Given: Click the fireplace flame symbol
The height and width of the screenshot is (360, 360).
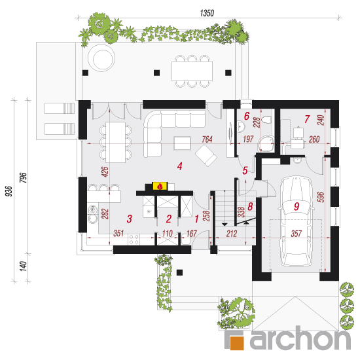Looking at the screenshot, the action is [160, 186].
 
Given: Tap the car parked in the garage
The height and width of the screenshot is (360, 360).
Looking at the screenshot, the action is [296, 221].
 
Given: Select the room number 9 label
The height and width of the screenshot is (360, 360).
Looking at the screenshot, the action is [297, 206].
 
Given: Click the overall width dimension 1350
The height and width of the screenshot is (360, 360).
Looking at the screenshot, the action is [207, 13].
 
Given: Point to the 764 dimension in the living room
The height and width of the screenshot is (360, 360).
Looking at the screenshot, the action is [207, 139].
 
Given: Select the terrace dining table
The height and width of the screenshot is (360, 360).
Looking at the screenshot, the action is [192, 71].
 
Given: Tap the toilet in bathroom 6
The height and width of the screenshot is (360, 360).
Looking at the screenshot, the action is [266, 120].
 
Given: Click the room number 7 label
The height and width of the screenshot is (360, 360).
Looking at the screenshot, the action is [307, 119].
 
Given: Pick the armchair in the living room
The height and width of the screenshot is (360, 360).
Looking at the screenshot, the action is [206, 155].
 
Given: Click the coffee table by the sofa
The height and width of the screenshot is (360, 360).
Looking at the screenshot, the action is [183, 143].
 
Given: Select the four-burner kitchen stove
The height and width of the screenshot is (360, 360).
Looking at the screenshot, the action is [134, 239].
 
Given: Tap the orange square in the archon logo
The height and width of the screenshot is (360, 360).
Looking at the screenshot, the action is [237, 343].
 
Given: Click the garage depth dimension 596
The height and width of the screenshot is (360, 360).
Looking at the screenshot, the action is [321, 197].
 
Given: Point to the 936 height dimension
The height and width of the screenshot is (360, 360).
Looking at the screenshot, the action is [9, 191].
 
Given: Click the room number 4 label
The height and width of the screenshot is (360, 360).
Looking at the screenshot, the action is [179, 166].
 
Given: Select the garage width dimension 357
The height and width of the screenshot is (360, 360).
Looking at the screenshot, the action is [296, 234].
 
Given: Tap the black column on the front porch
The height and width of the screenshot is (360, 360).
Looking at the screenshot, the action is [179, 272].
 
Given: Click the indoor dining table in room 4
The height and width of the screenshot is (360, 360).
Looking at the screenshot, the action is [115, 142].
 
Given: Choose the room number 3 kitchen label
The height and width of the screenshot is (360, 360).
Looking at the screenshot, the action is [129, 219].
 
